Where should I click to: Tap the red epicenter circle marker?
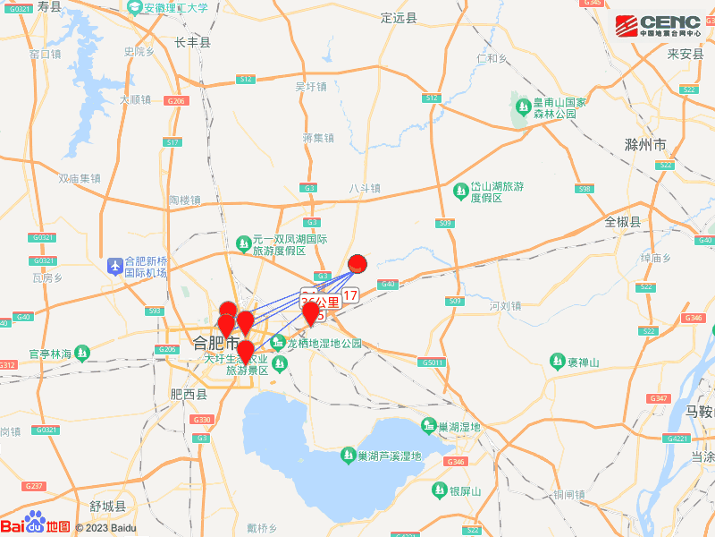click(357, 263)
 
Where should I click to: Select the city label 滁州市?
click(645, 145)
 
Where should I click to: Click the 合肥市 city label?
click(215, 342)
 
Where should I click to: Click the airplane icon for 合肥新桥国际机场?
click(115, 266)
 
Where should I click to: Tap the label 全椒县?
click(623, 222)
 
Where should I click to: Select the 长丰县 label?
click(192, 42)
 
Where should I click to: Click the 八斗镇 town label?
click(365, 188)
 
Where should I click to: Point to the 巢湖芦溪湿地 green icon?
click(348, 456)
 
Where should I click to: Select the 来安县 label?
click(686, 54)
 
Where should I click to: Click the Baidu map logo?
click(36, 525)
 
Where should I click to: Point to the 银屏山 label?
click(465, 491)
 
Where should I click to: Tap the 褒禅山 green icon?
click(557, 361)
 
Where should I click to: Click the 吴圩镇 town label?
click(311, 87)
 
